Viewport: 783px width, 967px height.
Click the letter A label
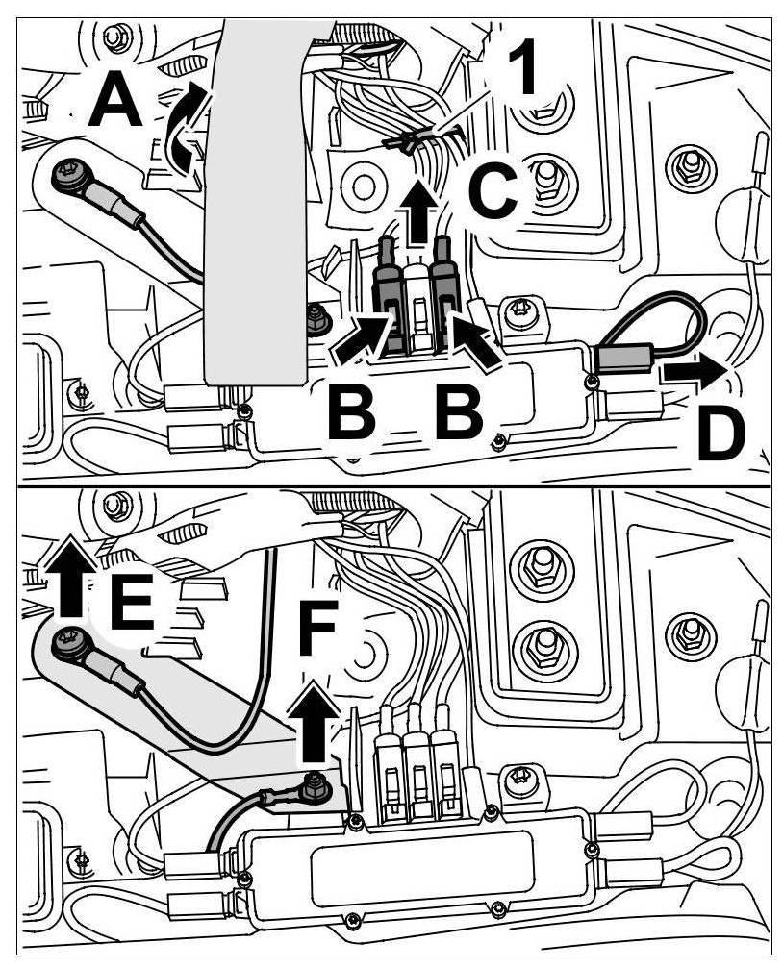click(x=115, y=103)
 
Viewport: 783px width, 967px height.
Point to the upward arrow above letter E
click(x=70, y=576)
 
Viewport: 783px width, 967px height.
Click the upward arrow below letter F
click(x=316, y=716)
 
